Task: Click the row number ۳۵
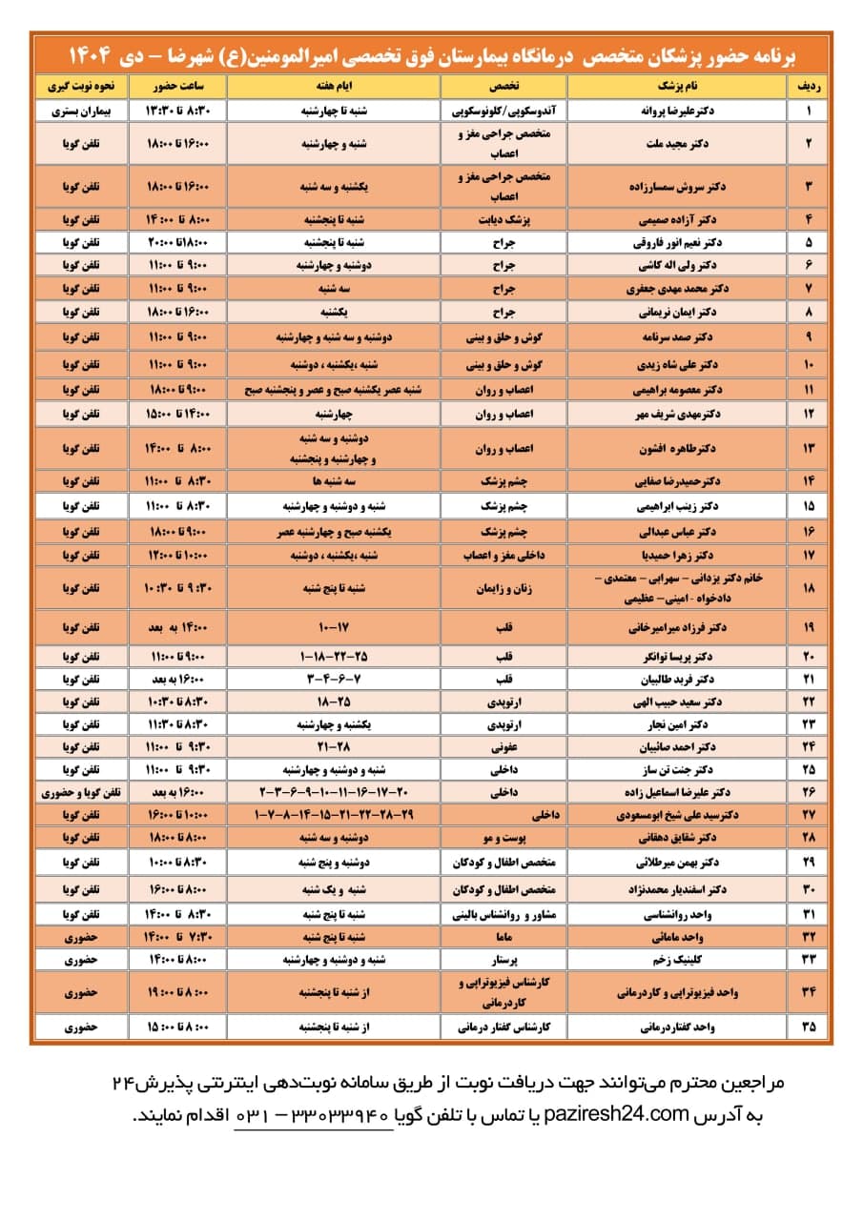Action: click(809, 1027)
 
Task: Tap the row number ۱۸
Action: click(809, 589)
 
